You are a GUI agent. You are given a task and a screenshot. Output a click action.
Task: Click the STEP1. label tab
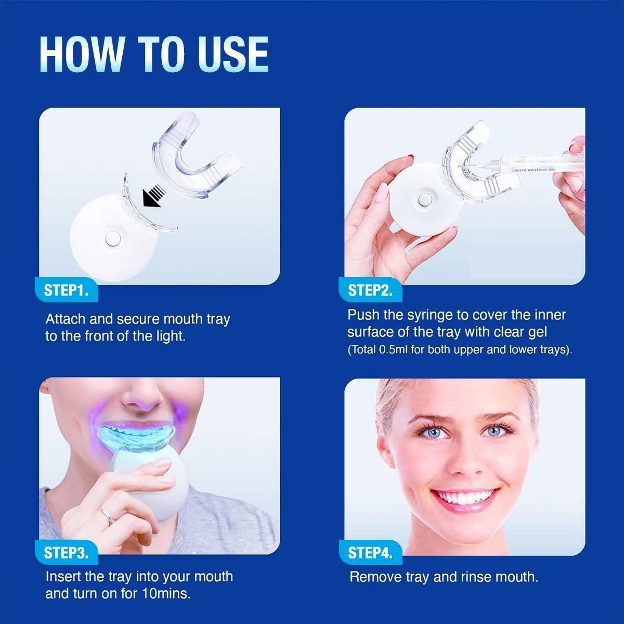(x=66, y=290)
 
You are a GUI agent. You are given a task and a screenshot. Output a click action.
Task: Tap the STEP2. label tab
(x=370, y=290)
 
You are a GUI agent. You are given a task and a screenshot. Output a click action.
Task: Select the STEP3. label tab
(x=66, y=552)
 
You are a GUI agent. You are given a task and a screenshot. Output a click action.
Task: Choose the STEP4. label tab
(x=370, y=552)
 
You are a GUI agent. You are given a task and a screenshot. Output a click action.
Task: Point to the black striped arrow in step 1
(x=153, y=198)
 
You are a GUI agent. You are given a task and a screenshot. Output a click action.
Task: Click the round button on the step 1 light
(x=111, y=239)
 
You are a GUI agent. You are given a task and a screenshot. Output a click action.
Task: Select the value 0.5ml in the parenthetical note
(x=394, y=349)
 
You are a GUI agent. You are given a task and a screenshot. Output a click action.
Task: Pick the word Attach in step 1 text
(x=66, y=319)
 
